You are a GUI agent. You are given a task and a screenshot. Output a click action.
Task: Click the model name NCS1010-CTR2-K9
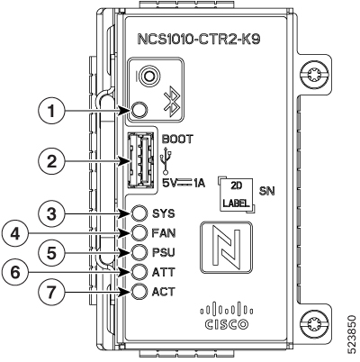pyautogui.click(x=198, y=40)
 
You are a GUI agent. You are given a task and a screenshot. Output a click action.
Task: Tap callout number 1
pyautogui.click(x=52, y=111)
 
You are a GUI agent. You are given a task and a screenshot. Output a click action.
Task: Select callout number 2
pyautogui.click(x=52, y=162)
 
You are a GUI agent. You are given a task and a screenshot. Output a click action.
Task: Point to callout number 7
pyautogui.click(x=52, y=292)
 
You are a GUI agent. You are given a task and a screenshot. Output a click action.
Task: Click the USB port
pyautogui.click(x=140, y=160)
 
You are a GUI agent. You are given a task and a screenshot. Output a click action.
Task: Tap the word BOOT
pyautogui.click(x=177, y=140)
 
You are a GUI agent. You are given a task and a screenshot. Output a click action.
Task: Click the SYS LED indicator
pyautogui.click(x=139, y=213)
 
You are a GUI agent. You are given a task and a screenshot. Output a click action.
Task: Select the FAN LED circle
pyautogui.click(x=139, y=233)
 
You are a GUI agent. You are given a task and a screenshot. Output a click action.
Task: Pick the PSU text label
pyautogui.click(x=164, y=252)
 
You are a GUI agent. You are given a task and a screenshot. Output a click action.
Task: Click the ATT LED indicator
pyautogui.click(x=139, y=272)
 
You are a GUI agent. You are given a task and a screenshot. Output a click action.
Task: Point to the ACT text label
pyautogui.click(x=163, y=292)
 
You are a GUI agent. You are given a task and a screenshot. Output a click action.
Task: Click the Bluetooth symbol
pyautogui.click(x=172, y=101)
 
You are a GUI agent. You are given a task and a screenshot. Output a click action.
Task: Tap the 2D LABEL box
pyautogui.click(x=237, y=195)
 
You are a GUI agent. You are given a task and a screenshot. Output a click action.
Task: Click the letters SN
pyautogui.click(x=267, y=191)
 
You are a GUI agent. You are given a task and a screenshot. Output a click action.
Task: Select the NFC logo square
pyautogui.click(x=226, y=247)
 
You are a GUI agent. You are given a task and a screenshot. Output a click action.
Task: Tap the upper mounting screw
pyautogui.click(x=314, y=76)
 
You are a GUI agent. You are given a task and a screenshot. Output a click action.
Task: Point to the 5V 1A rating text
pyautogui.click(x=184, y=183)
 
